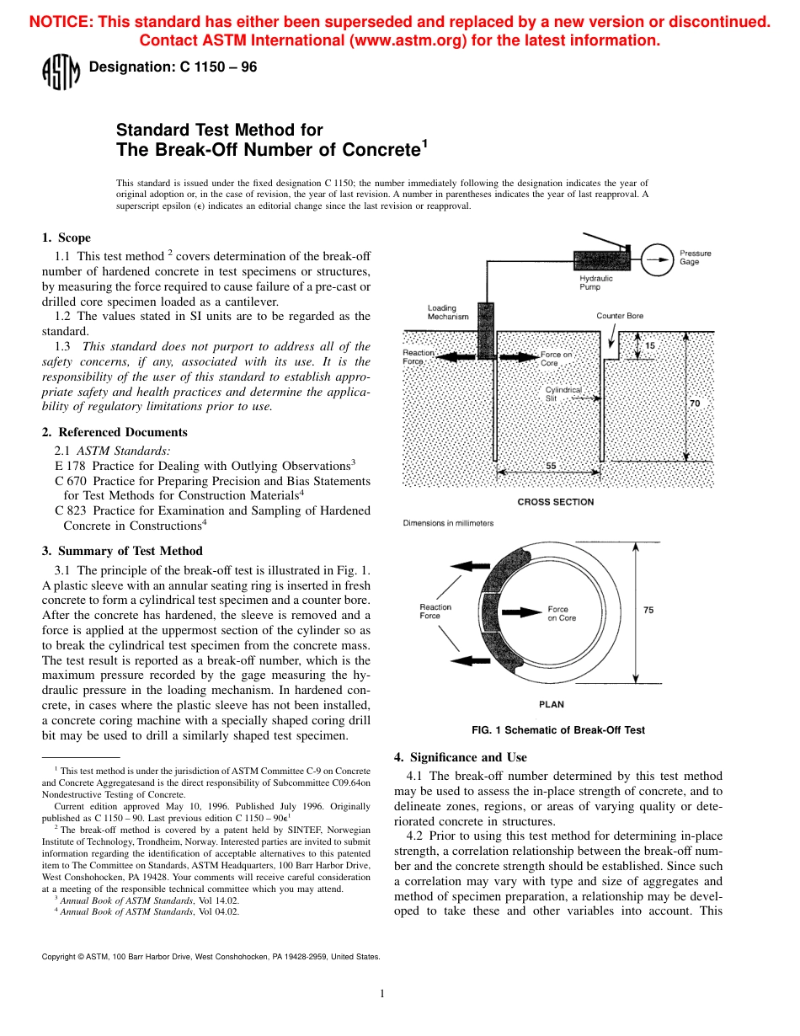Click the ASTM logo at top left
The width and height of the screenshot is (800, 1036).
pos(61,72)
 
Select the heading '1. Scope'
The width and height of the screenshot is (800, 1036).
pos(67,238)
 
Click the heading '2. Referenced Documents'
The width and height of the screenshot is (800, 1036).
pos(115,432)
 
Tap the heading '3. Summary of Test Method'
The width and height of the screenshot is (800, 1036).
pos(122,551)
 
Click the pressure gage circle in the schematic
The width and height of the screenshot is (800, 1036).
pos(657,257)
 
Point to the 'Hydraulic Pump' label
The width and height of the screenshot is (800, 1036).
pos(596,282)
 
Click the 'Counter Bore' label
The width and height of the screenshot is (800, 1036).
pos(620,316)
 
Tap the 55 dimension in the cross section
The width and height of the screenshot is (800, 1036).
pos(551,466)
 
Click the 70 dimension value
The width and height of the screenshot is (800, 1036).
pos(695,403)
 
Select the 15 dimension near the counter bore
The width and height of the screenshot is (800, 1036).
pos(649,346)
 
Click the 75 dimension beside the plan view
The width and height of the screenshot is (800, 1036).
pos(648,611)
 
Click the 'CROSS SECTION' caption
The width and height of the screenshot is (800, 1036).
pos(556,502)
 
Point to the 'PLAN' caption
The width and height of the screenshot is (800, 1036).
pos(552,704)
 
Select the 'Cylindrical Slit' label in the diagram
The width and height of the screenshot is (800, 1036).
pos(563,394)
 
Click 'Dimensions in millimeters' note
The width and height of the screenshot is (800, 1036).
pos(448,523)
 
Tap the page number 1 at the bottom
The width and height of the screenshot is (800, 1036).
pos(382,994)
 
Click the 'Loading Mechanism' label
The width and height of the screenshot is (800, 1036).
pos(448,312)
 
